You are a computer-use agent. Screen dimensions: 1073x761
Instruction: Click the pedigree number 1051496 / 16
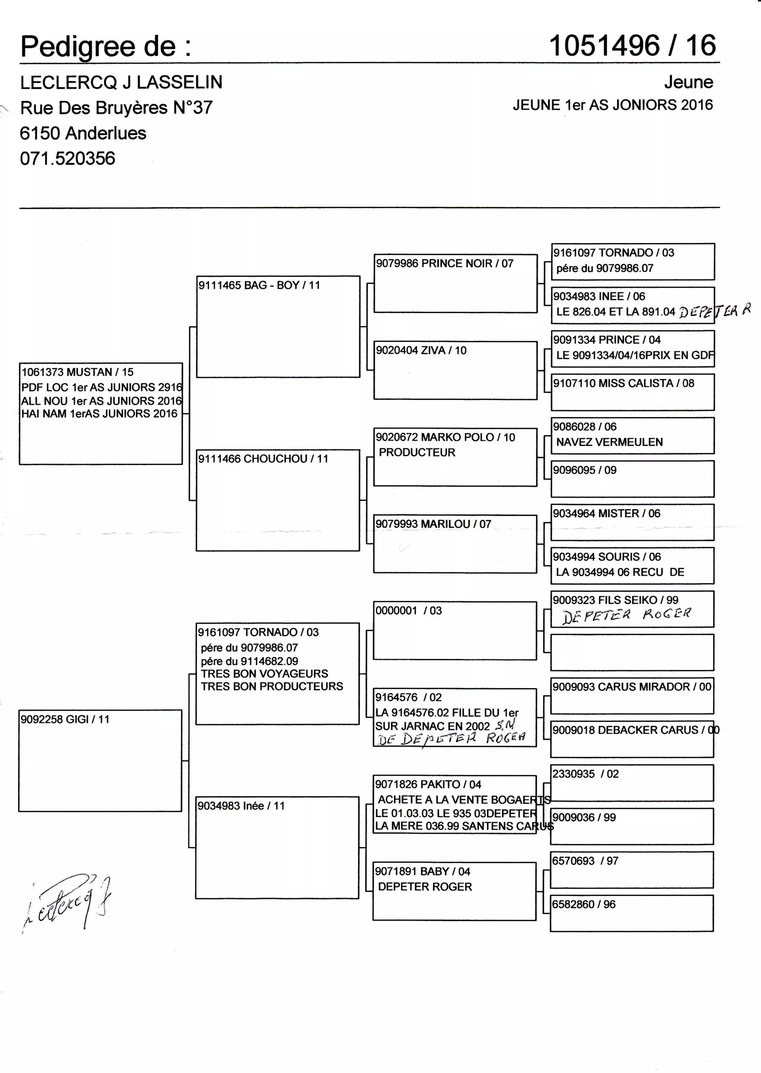point(632,46)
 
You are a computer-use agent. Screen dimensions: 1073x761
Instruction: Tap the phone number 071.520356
point(68,158)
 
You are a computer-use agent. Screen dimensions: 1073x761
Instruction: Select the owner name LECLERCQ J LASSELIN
point(121,83)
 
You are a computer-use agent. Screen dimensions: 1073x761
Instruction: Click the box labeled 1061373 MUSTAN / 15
point(77,372)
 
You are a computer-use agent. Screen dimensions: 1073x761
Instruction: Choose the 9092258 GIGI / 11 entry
point(65,719)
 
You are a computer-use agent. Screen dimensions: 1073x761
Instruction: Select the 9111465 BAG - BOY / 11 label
point(259,285)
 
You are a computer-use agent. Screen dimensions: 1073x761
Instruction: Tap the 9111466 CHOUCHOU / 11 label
point(263,459)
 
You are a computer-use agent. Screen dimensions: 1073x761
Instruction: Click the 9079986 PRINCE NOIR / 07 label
point(444,264)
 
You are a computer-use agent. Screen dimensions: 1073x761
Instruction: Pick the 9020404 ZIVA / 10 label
point(421,350)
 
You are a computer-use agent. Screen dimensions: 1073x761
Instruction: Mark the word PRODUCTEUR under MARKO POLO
point(417,453)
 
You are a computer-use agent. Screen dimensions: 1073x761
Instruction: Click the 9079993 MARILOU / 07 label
point(433,524)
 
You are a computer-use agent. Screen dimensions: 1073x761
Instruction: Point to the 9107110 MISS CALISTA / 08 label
point(623,383)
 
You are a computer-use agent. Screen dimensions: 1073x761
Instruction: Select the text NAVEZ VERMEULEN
point(609,442)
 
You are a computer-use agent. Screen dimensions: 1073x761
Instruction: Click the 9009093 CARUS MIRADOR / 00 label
point(632,687)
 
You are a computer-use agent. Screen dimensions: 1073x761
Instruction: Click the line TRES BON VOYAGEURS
point(264,674)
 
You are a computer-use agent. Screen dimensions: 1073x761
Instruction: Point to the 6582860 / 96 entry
point(583,904)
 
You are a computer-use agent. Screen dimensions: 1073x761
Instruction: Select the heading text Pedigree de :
point(106,47)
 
